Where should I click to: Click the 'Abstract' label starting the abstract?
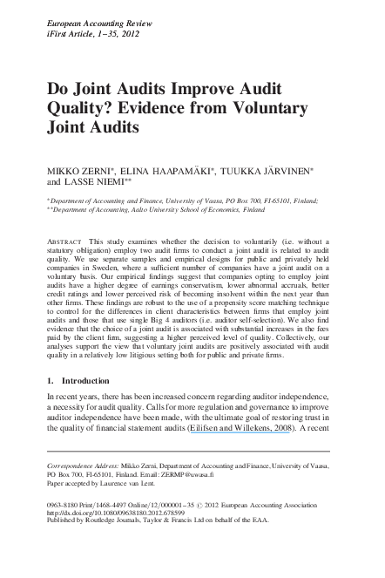click(71, 239)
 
